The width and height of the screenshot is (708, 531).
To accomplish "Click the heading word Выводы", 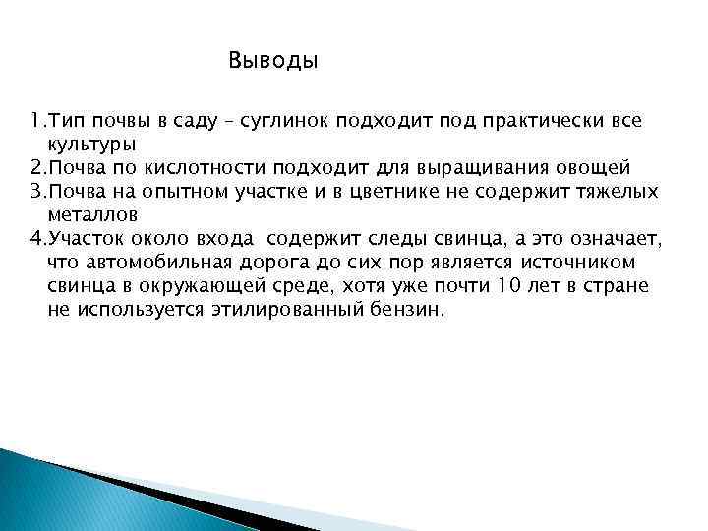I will tap(273, 61).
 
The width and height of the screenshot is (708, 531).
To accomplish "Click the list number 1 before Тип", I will tap(34, 121).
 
